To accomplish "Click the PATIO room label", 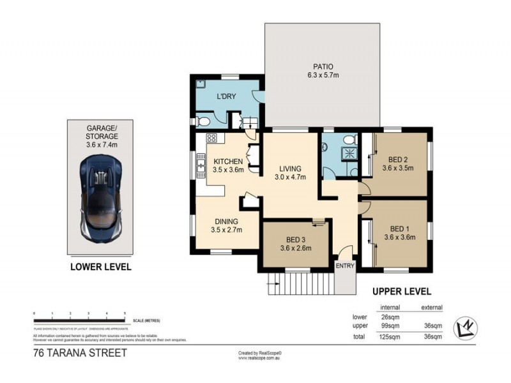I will click(323, 66).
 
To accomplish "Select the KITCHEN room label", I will click(228, 161).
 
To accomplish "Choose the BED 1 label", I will click(399, 229).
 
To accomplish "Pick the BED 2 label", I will click(399, 160).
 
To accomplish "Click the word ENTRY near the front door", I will click(344, 266).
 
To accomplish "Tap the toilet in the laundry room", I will click(202, 121).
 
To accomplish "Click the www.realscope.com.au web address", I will click(260, 358).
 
